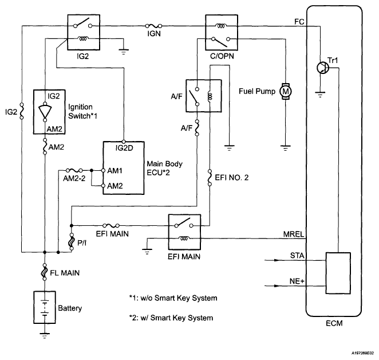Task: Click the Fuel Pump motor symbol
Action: pyautogui.click(x=286, y=92)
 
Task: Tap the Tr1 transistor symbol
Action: pyautogui.click(x=322, y=67)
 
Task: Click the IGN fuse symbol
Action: pyautogui.click(x=153, y=26)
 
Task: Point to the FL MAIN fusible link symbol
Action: pyautogui.click(x=45, y=272)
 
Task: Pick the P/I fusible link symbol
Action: pyautogui.click(x=72, y=241)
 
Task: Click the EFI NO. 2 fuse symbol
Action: pyautogui.click(x=210, y=178)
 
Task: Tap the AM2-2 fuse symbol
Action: pyautogui.click(x=74, y=170)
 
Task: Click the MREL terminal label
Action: pyautogui.click(x=294, y=234)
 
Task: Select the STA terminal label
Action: pyautogui.click(x=297, y=256)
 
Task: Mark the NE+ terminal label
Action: pyautogui.click(x=297, y=281)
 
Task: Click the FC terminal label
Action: pyautogui.click(x=299, y=22)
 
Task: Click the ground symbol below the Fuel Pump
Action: pyautogui.click(x=286, y=148)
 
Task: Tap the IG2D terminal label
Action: pyautogui.click(x=124, y=148)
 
